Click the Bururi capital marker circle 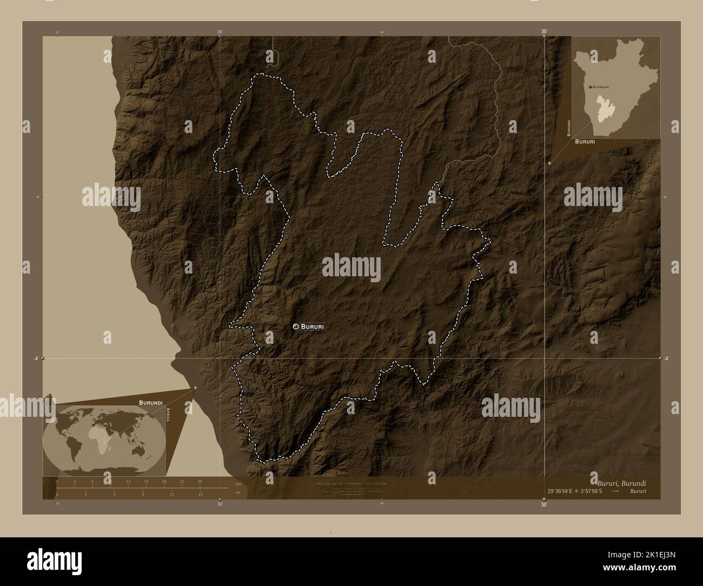296,327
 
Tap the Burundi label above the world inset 151,403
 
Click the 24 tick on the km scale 200,482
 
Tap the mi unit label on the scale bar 238,492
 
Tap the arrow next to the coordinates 616,491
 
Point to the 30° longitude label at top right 544,31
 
